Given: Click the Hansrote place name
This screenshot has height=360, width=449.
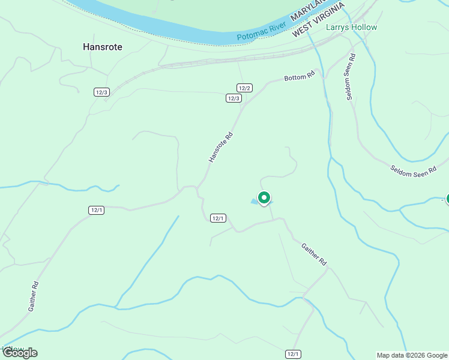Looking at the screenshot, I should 102,46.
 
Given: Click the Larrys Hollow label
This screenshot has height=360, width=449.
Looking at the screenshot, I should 351,27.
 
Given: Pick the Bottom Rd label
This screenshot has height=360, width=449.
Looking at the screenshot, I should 300,77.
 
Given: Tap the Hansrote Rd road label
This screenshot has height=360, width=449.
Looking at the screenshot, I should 220,147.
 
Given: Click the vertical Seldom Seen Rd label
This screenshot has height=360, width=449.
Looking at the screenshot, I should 351,77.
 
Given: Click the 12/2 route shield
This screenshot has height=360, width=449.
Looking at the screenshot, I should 244,88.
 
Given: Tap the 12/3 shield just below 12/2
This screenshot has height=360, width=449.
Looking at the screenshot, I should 234,98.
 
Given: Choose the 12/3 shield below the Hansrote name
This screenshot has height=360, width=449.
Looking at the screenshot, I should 101,92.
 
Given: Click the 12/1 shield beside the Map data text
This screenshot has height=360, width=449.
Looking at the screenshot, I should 292,354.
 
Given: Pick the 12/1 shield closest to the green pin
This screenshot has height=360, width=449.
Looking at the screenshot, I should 218,218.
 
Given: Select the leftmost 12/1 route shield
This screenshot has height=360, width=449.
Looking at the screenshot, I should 96,209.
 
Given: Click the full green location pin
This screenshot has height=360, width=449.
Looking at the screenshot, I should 264,198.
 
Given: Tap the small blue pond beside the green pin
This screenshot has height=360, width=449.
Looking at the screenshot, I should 255,202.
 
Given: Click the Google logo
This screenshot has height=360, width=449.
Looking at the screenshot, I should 19,353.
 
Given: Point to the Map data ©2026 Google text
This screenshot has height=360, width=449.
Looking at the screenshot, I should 412,355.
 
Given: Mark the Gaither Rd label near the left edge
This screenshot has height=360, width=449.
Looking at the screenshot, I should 34,296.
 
